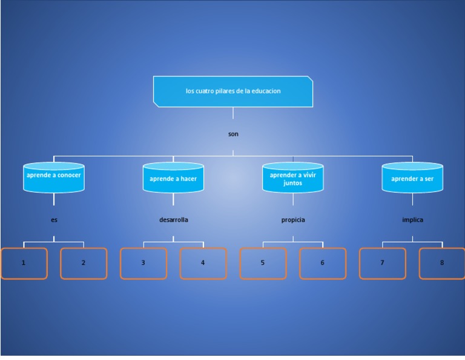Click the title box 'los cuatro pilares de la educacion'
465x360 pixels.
233,92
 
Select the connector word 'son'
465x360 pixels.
233,134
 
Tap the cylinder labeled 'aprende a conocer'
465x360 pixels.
53,178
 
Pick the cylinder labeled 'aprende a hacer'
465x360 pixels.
173,178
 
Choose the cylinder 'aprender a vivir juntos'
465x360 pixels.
293,178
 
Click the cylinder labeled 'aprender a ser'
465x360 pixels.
412,178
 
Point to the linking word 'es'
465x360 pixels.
54,220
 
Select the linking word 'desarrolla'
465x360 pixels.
173,220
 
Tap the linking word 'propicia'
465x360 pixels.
293,220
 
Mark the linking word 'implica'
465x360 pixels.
412,220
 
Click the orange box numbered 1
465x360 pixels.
24,263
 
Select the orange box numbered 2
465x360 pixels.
84,263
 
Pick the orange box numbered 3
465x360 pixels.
143,263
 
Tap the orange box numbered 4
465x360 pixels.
203,263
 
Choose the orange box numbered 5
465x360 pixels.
263,263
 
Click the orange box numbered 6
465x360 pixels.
323,263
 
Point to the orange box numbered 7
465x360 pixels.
382,263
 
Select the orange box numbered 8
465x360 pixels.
442,263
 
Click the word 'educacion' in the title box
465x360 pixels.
267,92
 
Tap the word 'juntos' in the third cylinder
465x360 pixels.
293,182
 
